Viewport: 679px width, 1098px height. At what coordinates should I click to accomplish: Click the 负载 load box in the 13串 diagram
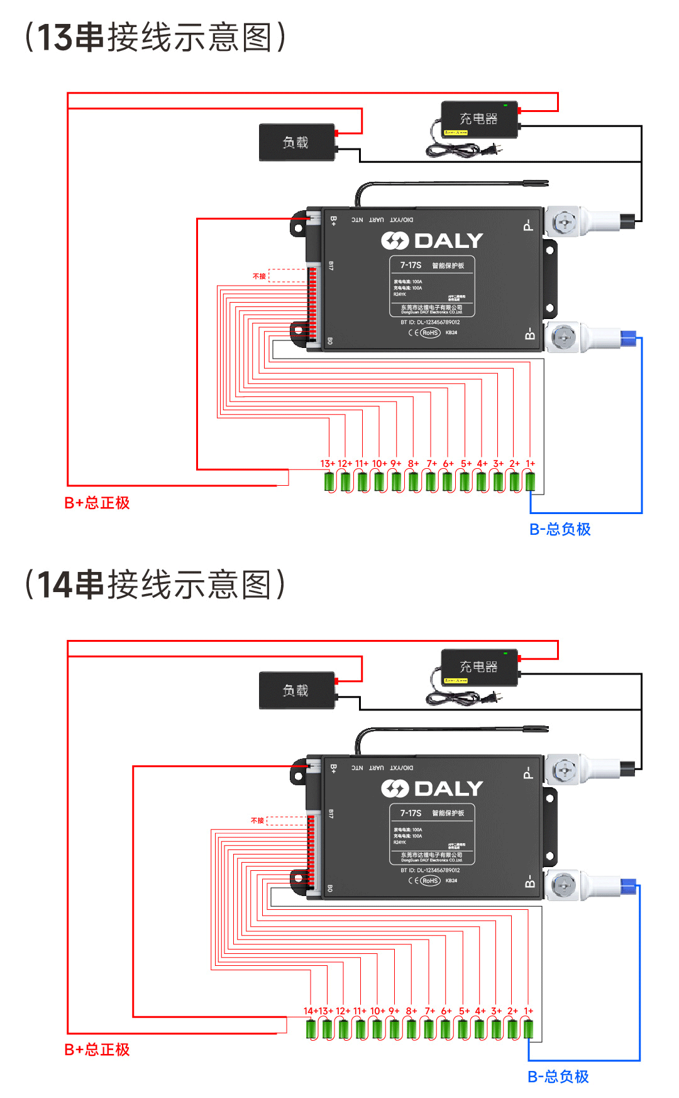pyautogui.click(x=296, y=142)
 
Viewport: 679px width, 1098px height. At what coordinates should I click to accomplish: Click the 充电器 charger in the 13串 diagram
pyautogui.click(x=479, y=120)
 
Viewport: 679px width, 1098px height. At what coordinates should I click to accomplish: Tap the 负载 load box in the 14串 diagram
pyautogui.click(x=296, y=690)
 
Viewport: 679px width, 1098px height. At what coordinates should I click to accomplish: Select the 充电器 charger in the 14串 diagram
pyautogui.click(x=479, y=667)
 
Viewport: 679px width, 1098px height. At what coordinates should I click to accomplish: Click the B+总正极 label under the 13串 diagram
pyautogui.click(x=97, y=503)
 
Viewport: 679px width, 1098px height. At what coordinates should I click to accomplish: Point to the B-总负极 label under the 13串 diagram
pyautogui.click(x=560, y=529)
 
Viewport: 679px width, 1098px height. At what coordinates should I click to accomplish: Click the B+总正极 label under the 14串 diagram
pyautogui.click(x=97, y=1050)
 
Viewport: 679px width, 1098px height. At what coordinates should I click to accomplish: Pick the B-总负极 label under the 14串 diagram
pyautogui.click(x=558, y=1077)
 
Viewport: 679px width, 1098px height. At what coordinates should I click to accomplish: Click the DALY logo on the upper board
pyautogui.click(x=432, y=240)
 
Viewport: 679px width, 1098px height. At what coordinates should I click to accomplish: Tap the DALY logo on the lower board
pyautogui.click(x=432, y=788)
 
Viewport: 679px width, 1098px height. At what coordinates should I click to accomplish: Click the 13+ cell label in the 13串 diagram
pyautogui.click(x=328, y=464)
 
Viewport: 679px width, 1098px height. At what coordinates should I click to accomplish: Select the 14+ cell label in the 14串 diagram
pyautogui.click(x=310, y=1011)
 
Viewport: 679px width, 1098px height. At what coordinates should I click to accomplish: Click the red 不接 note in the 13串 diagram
pyautogui.click(x=259, y=276)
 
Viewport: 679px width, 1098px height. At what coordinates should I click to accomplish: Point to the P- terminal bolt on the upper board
pyautogui.click(x=563, y=221)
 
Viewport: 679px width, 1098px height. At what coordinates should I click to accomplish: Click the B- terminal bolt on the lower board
pyautogui.click(x=563, y=886)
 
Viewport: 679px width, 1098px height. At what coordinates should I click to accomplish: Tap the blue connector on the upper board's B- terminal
pyautogui.click(x=628, y=339)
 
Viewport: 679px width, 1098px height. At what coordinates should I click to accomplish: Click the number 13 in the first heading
pyautogui.click(x=54, y=38)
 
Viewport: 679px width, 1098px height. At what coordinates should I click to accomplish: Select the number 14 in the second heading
pyautogui.click(x=54, y=585)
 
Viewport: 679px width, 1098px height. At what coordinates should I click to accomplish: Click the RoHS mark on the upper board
pyautogui.click(x=430, y=333)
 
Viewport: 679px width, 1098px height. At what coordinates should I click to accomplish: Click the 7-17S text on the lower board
pyautogui.click(x=411, y=813)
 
